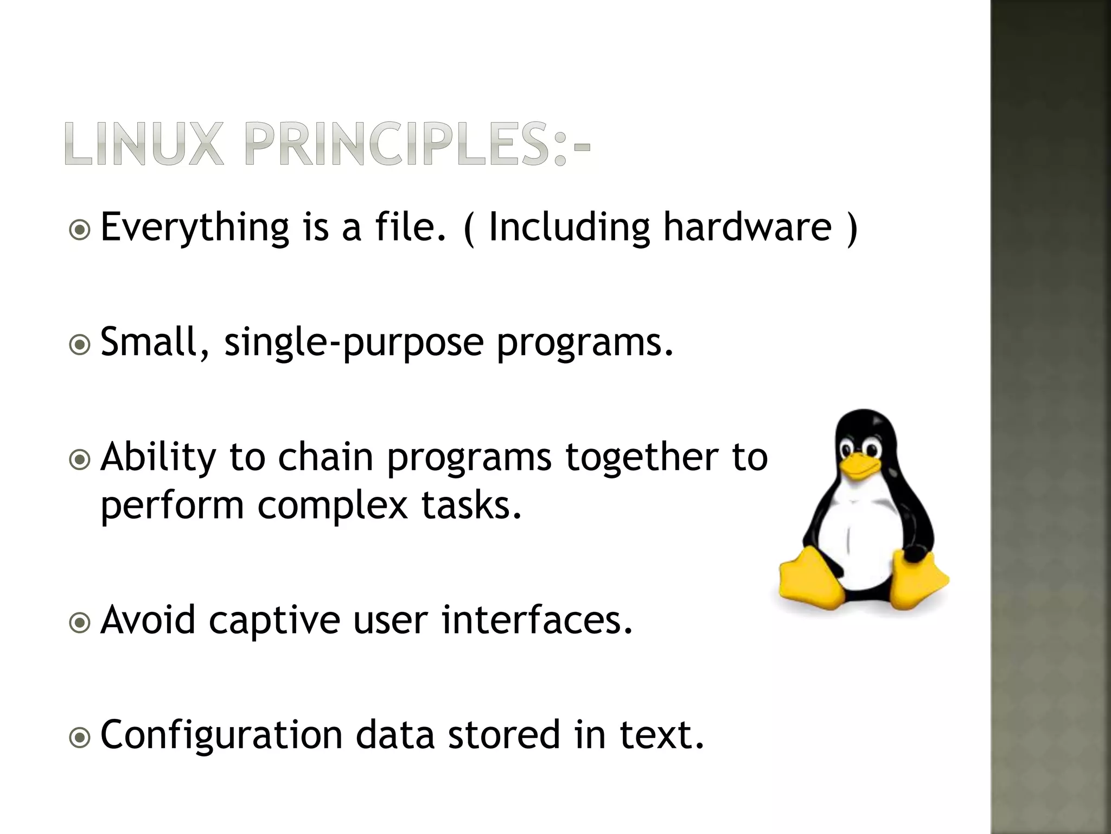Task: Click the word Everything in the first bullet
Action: pyautogui.click(x=195, y=228)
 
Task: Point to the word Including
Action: pyautogui.click(x=569, y=228)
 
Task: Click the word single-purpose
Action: pyautogui.click(x=353, y=343)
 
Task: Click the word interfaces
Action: pyautogui.click(x=537, y=620)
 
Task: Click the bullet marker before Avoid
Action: pyautogui.click(x=80, y=623)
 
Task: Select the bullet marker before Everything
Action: pyautogui.click(x=80, y=230)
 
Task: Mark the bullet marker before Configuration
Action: pyautogui.click(x=80, y=738)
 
